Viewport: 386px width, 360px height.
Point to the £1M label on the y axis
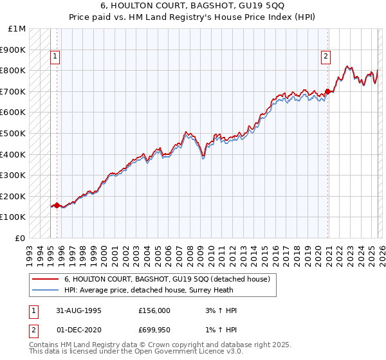(17, 29)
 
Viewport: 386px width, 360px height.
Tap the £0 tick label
(21, 238)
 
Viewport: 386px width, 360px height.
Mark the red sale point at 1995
(57, 205)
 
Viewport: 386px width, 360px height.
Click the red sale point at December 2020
(327, 91)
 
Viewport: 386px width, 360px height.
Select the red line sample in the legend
(46, 279)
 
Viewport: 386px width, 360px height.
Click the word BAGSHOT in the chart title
(210, 6)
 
